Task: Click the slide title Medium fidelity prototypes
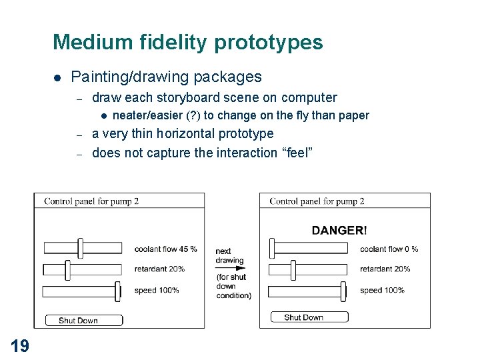pyautogui.click(x=187, y=43)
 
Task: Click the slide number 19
pyautogui.click(x=19, y=345)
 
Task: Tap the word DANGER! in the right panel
pyautogui.click(x=339, y=231)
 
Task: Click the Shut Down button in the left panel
pyautogui.click(x=83, y=321)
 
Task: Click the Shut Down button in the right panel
pyautogui.click(x=309, y=317)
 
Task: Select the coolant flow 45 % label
pyautogui.click(x=165, y=249)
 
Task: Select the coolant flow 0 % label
pyautogui.click(x=389, y=249)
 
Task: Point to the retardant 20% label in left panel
pyautogui.click(x=159, y=269)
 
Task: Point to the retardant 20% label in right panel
pyautogui.click(x=385, y=269)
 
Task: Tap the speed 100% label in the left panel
pyautogui.click(x=157, y=291)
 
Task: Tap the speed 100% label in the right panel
pyautogui.click(x=382, y=291)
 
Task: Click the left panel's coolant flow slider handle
pyautogui.click(x=81, y=248)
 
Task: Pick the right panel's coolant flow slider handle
pyautogui.click(x=272, y=248)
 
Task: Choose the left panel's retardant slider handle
pyautogui.click(x=67, y=269)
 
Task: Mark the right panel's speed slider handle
pyautogui.click(x=344, y=291)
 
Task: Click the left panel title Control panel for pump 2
pyautogui.click(x=91, y=201)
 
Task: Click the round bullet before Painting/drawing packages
pyautogui.click(x=58, y=78)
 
